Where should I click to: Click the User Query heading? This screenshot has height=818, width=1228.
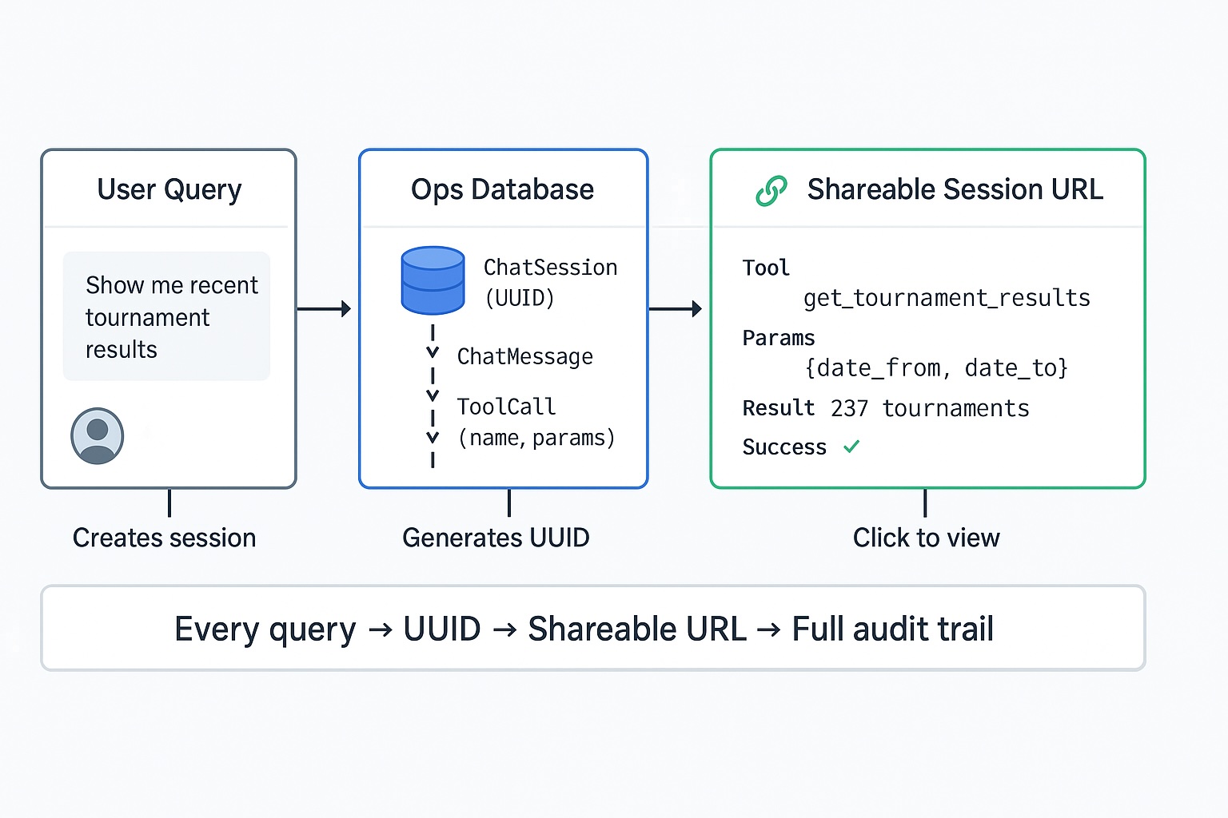[x=169, y=190]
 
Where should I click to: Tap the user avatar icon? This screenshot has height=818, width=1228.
[x=97, y=436]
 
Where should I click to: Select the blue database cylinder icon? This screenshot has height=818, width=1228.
[x=433, y=280]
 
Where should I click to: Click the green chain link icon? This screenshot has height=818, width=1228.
[x=771, y=191]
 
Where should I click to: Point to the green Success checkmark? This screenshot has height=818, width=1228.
[x=851, y=447]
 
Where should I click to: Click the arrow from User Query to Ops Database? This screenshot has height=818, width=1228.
[x=324, y=308]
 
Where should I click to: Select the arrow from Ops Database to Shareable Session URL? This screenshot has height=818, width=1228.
[x=676, y=308]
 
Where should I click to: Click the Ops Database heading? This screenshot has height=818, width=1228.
[x=502, y=190]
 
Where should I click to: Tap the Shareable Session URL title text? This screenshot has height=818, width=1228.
[x=955, y=190]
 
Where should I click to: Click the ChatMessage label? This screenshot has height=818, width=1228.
[x=524, y=356]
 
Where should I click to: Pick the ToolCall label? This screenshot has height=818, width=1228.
[x=506, y=407]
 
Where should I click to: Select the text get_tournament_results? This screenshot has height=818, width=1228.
[x=947, y=298]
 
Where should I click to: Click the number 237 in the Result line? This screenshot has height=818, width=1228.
[x=849, y=408]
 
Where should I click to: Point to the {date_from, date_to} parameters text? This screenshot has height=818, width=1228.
[x=936, y=367]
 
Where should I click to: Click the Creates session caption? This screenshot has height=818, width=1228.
[x=164, y=538]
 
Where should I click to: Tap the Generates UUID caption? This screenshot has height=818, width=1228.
[x=496, y=538]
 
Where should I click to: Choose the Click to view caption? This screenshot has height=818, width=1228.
[x=926, y=538]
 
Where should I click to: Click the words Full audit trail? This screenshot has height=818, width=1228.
[x=892, y=629]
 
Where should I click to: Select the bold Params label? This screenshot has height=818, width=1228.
[x=778, y=338]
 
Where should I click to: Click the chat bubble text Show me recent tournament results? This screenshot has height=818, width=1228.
[x=170, y=317]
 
